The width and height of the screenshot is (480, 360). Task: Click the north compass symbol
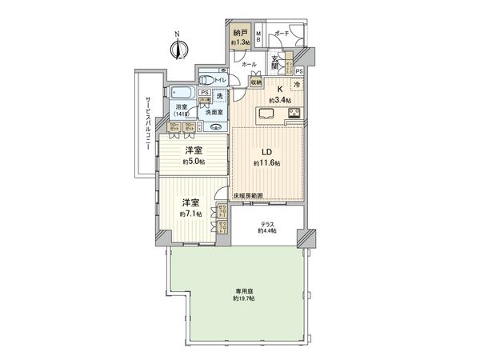[x=177, y=47]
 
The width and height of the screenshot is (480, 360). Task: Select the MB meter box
[x=258, y=37]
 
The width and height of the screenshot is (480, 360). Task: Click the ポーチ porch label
[x=281, y=34]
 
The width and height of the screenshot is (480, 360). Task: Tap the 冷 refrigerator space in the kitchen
[x=297, y=85]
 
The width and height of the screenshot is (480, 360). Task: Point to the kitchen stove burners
[x=293, y=111]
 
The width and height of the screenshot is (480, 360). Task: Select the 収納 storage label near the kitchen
[x=256, y=82]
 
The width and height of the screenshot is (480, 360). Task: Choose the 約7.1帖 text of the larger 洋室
[x=190, y=214]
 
